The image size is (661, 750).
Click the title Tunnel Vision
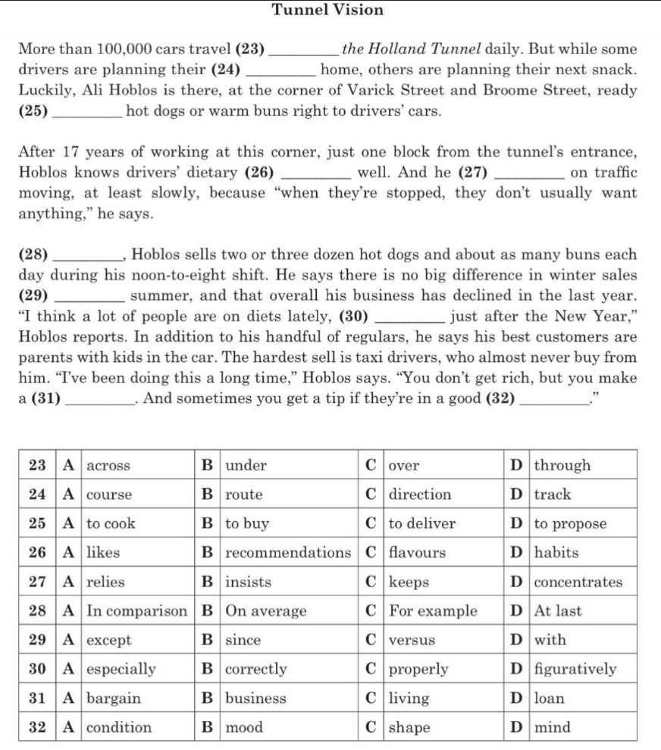point(327,10)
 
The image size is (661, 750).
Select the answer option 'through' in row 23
point(562,465)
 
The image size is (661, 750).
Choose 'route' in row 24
point(244,495)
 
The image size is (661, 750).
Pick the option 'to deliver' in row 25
point(422,523)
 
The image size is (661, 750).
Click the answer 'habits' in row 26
point(556,553)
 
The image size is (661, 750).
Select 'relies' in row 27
point(105,582)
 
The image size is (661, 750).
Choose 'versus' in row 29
point(412,640)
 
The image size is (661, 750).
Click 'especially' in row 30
point(121,669)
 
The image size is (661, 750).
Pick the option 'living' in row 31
point(409,698)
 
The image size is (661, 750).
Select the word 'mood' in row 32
point(244,727)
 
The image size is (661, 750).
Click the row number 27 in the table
point(37,582)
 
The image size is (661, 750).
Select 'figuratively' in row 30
point(575,669)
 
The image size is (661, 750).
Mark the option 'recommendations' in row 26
point(287,553)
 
